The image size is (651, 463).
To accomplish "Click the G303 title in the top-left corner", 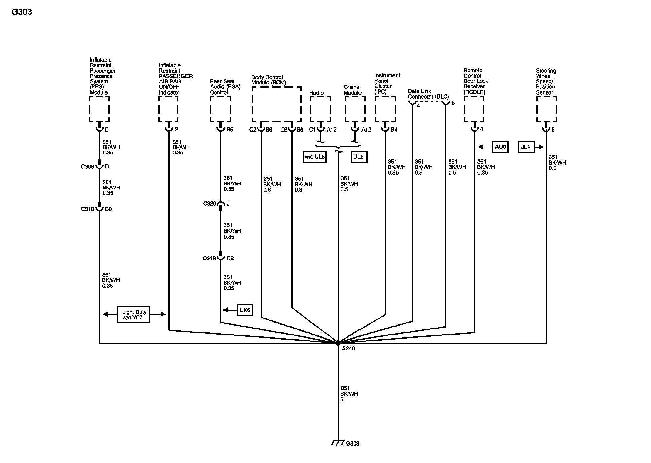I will pos(22,12).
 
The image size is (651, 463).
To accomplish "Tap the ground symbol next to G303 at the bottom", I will pos(338,442).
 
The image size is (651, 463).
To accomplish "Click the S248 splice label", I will pos(349,348).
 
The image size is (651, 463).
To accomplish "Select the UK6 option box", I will pos(245,310).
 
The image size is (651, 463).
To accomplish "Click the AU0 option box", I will pos(500,147).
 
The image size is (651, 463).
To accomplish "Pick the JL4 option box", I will pos(526,147).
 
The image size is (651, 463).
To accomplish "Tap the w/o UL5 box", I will pos(315,157).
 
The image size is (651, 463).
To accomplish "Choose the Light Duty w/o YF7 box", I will pos(134,315).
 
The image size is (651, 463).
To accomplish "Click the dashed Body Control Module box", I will pos(276,104).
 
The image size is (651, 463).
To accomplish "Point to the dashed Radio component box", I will pos(320,109).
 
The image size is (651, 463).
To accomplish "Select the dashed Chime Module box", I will pos(355,109).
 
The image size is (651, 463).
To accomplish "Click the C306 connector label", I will pos(87,167).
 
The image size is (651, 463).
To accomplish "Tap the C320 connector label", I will pos(209,204).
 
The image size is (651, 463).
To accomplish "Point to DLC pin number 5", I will pos(453,103).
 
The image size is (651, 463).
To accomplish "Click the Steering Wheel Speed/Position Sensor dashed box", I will pos(546,109).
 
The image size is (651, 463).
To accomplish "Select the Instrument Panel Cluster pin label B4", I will pos(394,130).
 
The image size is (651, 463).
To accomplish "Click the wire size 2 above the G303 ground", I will pos(342,400).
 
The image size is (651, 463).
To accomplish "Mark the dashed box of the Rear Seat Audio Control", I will pos(220,109).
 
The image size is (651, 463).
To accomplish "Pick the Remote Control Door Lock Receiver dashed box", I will pos(474,109).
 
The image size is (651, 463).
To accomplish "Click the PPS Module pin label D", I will pos(107,130).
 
